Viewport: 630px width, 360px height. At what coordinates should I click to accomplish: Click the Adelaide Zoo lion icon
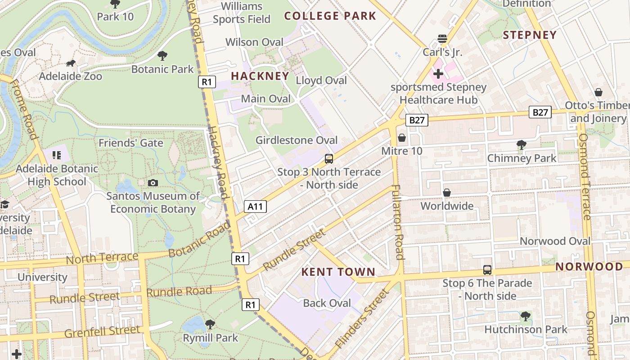coord(71,63)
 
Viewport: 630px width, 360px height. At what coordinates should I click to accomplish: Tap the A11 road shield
coord(255,207)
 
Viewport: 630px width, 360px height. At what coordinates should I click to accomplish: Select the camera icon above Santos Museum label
coord(153,183)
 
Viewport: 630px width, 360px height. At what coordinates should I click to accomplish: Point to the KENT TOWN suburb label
coord(338,272)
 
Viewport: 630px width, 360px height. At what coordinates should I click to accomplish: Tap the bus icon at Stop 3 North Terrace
coord(329,158)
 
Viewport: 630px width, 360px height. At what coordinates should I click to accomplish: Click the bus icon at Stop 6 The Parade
coord(487,270)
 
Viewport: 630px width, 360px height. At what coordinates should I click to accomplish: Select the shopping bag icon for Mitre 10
coord(401,138)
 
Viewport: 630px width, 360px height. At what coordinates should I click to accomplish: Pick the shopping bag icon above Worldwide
coord(447,193)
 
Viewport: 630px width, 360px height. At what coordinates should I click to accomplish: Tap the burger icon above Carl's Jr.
coord(442,39)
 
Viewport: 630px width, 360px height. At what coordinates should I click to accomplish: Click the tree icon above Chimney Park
coord(522,145)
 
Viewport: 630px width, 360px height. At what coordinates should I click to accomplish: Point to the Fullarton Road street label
coord(397,222)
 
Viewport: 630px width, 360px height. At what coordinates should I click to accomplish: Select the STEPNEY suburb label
coord(530,35)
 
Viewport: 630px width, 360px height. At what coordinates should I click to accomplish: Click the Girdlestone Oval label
coord(297,140)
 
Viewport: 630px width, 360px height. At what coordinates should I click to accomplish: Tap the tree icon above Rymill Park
coord(210,324)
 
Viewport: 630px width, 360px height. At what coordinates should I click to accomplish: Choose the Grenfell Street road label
coord(103,332)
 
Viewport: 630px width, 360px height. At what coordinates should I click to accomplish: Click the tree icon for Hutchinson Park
coord(525,316)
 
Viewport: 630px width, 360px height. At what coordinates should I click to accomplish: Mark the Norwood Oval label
coord(555,241)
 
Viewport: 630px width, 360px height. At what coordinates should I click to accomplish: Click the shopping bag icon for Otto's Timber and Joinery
coord(598,92)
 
